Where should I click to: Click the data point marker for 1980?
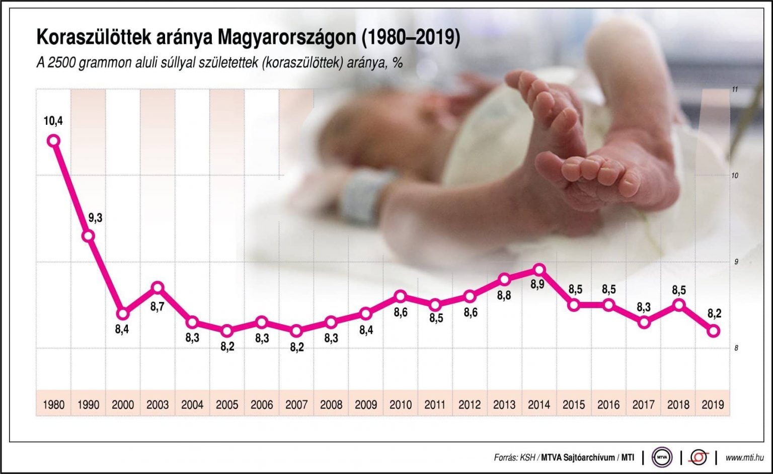point(53,141)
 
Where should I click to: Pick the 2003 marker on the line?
point(158,287)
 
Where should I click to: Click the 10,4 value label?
point(53,121)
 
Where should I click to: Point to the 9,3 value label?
point(95,218)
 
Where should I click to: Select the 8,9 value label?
point(537,285)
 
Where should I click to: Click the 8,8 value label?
point(504,295)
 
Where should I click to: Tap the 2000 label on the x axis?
point(123,405)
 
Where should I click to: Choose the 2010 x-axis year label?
point(401,405)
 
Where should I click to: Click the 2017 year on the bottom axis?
point(643,405)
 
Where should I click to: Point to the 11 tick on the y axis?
point(735,90)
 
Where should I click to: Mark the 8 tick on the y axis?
point(736,348)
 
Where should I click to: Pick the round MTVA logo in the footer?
point(662,457)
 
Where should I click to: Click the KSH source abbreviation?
point(527,458)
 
